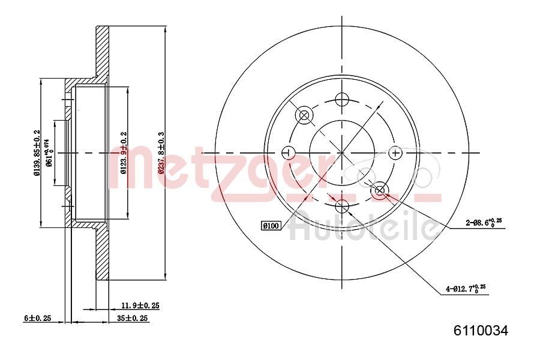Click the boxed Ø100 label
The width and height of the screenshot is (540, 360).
pos(271,226)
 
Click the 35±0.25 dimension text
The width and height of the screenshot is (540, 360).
pos(132,319)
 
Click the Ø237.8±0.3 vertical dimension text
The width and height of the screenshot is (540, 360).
pos(160,152)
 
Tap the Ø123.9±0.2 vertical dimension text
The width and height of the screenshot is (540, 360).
pos(123,152)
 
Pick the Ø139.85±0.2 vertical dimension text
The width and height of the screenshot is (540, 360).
pos(37,153)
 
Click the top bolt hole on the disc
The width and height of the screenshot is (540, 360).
pos(341,99)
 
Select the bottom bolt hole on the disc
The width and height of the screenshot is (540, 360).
pos(341,207)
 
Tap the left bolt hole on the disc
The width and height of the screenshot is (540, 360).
pos(288,152)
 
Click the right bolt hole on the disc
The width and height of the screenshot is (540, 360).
pos(395,152)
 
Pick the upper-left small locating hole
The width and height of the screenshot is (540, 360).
pos(304,115)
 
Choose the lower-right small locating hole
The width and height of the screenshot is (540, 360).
pos(380,191)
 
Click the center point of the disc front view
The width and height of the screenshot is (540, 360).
pos(341,152)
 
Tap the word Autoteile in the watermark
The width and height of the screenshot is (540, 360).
pos(363,227)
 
